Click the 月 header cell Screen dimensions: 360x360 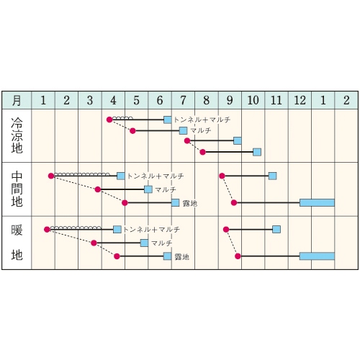(x=17, y=100)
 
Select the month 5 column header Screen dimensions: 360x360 (x=136, y=100)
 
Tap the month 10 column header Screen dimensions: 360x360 (x=253, y=100)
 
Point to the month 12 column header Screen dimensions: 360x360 (x=300, y=100)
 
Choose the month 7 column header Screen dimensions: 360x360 (x=183, y=100)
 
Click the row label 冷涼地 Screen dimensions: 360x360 (x=17, y=135)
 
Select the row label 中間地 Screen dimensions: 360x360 (x=17, y=189)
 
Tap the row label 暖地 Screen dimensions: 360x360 (x=17, y=243)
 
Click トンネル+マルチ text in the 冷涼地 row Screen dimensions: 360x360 (x=202, y=120)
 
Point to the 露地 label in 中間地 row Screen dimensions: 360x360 (x=190, y=203)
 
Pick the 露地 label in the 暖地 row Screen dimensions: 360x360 (x=182, y=257)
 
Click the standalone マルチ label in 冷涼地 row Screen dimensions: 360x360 (x=201, y=130)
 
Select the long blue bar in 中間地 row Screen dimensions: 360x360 (x=317, y=202)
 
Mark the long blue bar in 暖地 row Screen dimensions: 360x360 (x=317, y=256)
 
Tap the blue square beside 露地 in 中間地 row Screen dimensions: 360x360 (x=176, y=203)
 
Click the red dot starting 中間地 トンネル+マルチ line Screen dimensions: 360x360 (x=51, y=176)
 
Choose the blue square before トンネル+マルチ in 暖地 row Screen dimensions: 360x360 (x=117, y=230)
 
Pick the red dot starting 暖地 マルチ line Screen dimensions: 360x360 (x=94, y=243)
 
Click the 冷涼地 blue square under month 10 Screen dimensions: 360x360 (x=257, y=152)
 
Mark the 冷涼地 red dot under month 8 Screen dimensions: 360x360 (x=203, y=152)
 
